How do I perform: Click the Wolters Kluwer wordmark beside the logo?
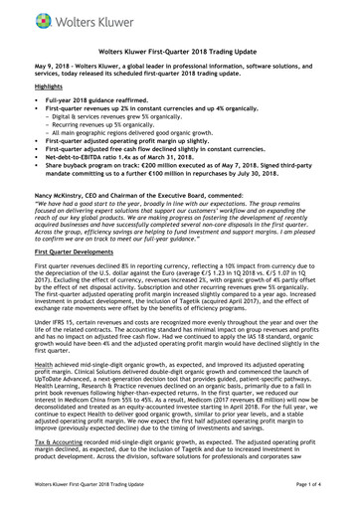click(76, 17)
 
